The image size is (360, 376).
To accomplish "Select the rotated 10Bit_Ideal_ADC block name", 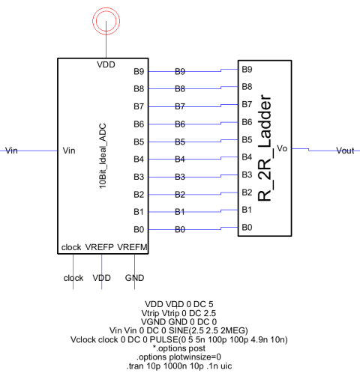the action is point(103,156).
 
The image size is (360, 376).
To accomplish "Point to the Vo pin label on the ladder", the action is point(282,148).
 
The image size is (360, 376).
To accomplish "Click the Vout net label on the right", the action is point(345,151).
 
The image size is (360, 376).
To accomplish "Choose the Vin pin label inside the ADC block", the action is point(69,151).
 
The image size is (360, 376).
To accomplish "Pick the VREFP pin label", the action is point(100,247).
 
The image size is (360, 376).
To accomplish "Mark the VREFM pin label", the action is point(132,247).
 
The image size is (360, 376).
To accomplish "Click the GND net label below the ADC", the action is point(134,278).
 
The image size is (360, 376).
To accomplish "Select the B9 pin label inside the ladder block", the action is point(247,69).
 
